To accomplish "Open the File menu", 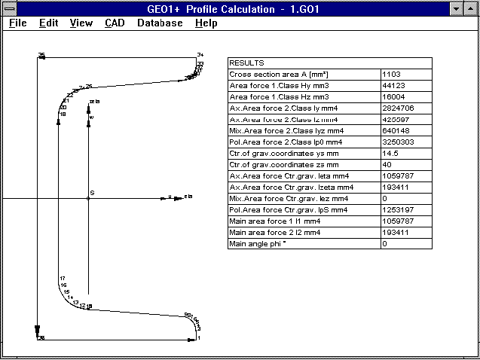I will click(17, 23).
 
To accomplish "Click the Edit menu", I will click(49, 23).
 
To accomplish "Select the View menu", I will click(81, 23).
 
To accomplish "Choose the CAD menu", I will click(115, 23).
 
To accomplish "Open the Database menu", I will click(160, 23).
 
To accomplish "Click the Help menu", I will click(206, 23).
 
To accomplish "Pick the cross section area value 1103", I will click(391, 75).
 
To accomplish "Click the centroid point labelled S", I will click(89, 198).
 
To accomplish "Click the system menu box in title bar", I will click(9, 8).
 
